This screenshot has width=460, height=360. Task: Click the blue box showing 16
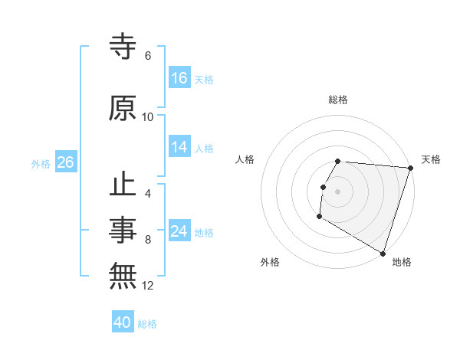tap(179, 77)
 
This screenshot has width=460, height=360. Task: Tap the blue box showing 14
tap(179, 148)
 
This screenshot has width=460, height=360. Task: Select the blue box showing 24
tap(179, 231)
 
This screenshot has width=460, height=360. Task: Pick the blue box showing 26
tap(65, 162)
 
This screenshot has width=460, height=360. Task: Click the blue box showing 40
tap(123, 323)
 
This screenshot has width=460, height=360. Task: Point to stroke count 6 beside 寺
tap(148, 56)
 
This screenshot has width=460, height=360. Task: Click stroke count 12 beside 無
tap(148, 286)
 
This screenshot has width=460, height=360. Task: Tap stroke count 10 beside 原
tap(148, 117)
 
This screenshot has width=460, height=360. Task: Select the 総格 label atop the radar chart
tap(338, 100)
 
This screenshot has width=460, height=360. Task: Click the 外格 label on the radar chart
tap(270, 262)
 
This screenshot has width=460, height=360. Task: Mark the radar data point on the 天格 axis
tap(410, 168)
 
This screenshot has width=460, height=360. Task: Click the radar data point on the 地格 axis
tap(382, 253)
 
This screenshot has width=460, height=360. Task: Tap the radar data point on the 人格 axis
tap(323, 187)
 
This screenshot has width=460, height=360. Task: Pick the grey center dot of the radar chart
tap(338, 191)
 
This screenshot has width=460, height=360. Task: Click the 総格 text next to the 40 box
tap(147, 324)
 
